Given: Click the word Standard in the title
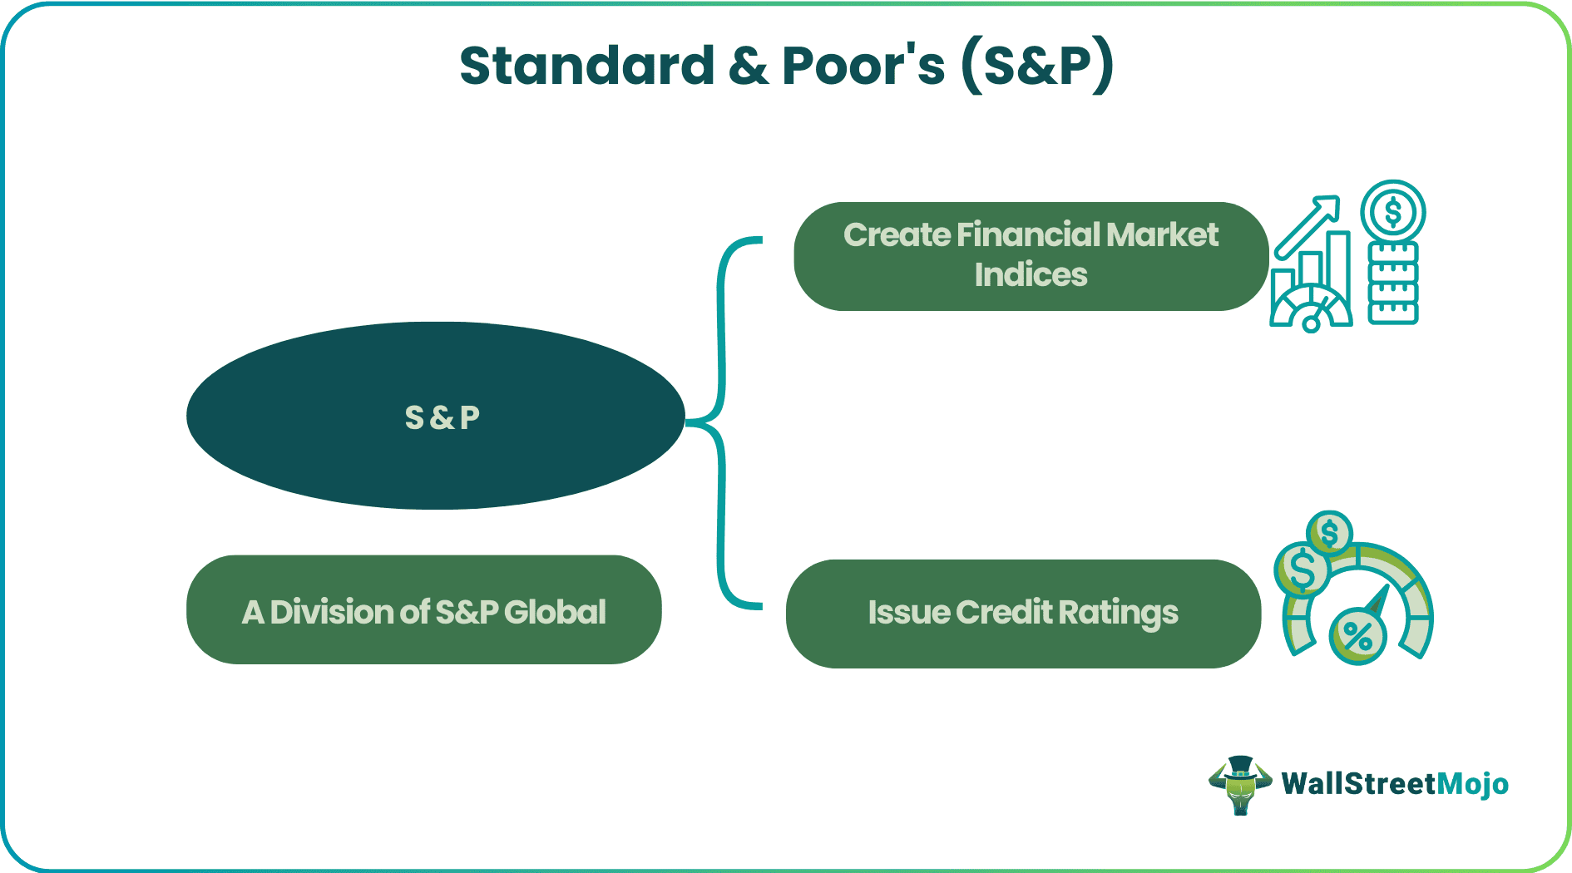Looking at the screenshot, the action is (x=587, y=66).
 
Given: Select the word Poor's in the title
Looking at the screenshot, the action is (x=863, y=66).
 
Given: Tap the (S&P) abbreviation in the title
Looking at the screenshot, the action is (x=1037, y=67).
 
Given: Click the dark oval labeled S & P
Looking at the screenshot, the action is (x=436, y=416).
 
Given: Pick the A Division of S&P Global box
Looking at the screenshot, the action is (x=424, y=609).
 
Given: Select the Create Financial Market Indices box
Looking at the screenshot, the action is (x=1031, y=256).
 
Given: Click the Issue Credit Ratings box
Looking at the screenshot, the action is (x=1024, y=614).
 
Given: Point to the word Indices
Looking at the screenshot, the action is (x=1031, y=275).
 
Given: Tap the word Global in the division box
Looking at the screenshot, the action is (x=555, y=612).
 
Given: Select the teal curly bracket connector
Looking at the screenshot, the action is (x=721, y=422).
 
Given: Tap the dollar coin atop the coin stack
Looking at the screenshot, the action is (x=1393, y=212).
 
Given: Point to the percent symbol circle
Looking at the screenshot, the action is (x=1357, y=637).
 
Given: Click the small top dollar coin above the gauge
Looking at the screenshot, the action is (x=1329, y=533).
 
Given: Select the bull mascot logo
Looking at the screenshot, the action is (x=1240, y=785).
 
